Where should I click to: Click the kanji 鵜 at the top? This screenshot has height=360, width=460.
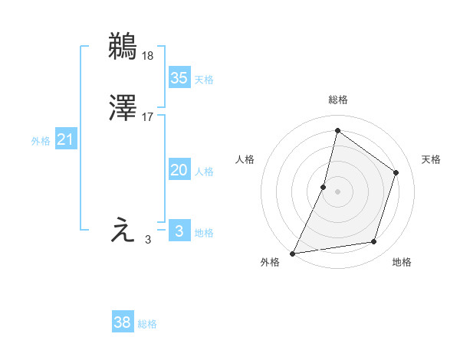(123, 47)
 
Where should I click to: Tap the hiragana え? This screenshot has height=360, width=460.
(123, 231)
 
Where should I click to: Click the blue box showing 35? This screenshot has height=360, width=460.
(179, 77)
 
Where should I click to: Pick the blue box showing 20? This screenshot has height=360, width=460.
(179, 170)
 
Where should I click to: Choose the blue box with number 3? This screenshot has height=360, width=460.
(179, 231)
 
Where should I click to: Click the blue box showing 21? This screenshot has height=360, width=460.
(66, 139)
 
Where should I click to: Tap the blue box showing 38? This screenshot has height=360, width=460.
(123, 322)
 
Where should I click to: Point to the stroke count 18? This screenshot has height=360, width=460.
(147, 55)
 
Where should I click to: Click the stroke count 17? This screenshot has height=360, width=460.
(147, 116)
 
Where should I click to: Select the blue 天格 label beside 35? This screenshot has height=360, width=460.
(204, 80)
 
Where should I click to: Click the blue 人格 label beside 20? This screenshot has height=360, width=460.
(204, 172)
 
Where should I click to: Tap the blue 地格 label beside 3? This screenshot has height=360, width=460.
(204, 233)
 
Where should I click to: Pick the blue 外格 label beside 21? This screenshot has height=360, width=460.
(41, 141)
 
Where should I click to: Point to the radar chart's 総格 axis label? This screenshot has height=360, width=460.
(337, 100)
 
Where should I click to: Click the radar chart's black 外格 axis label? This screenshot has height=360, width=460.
(270, 263)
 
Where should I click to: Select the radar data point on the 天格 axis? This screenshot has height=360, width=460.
(396, 172)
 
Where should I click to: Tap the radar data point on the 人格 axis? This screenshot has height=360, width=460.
(324, 187)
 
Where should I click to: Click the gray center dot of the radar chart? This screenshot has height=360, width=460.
(337, 191)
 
